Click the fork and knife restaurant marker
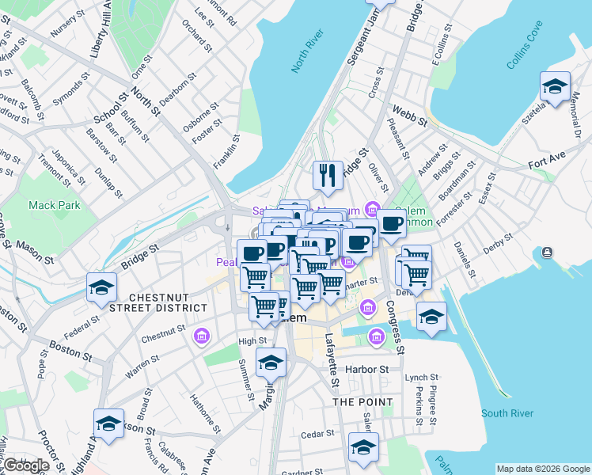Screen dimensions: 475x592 pos(328,177)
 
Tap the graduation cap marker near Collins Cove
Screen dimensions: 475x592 pos(555,86)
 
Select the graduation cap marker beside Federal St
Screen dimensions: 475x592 pos(102,288)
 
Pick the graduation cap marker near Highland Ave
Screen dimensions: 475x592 pos(109,424)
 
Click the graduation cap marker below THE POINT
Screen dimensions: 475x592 pos(363,447)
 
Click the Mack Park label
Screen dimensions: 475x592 pos(55,205)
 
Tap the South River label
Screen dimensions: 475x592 pos(507,413)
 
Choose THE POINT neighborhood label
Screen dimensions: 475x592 pos(362,402)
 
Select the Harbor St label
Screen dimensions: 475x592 pos(368,370)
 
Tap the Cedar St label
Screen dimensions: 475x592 pos(318,434)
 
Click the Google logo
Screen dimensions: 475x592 pos(26,466)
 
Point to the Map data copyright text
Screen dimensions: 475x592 pos(543,469)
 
